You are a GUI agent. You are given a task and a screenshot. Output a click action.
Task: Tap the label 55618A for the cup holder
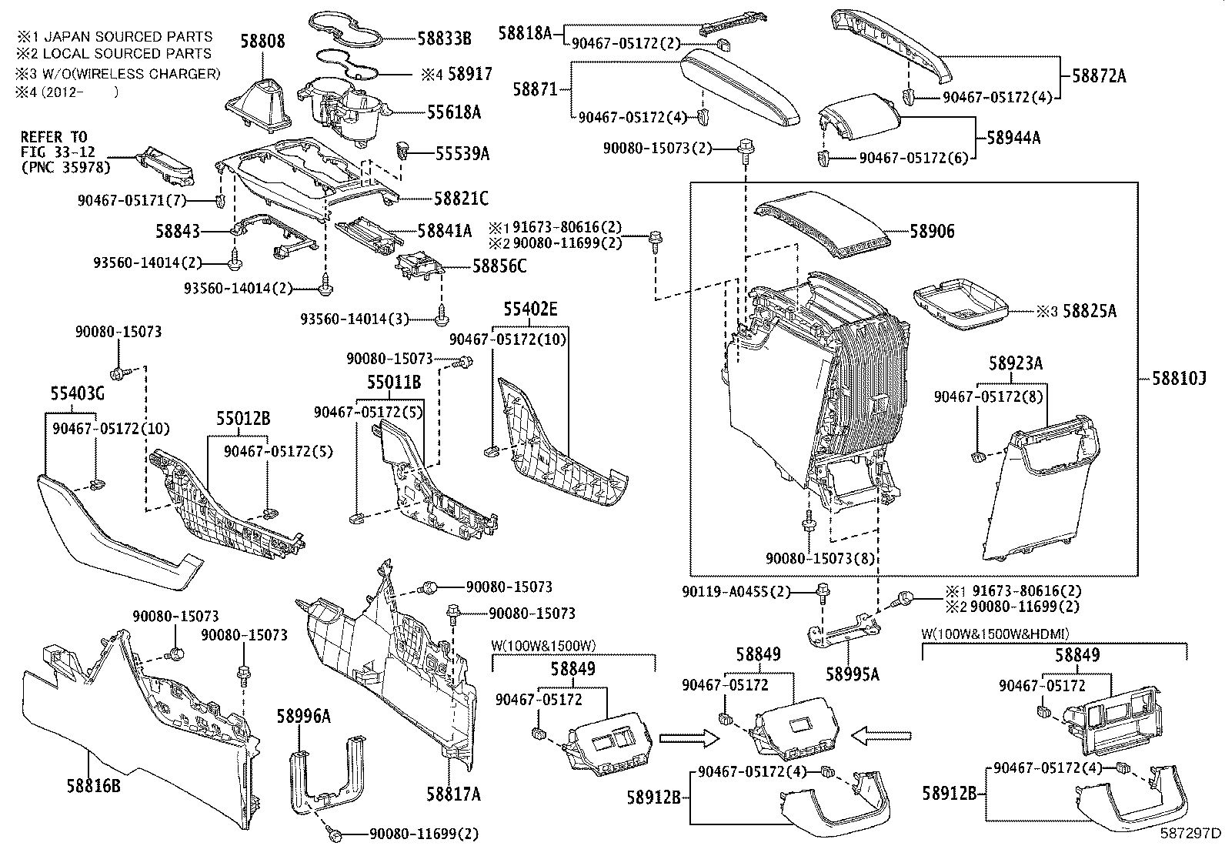click(x=454, y=112)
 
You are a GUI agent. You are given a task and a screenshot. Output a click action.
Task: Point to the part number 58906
click(x=932, y=231)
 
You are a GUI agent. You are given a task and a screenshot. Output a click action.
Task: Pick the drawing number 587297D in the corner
click(x=1190, y=832)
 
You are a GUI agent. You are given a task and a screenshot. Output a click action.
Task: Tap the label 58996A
click(x=303, y=717)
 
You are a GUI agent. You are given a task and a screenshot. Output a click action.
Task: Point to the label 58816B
click(x=93, y=785)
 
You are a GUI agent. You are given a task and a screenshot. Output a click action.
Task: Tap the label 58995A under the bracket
click(x=852, y=674)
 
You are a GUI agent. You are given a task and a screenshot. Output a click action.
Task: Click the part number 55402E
click(x=531, y=309)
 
